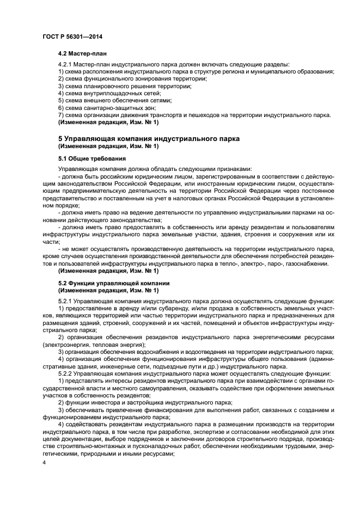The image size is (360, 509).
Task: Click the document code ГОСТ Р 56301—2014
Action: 72,36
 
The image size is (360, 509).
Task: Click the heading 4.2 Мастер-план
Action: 82,54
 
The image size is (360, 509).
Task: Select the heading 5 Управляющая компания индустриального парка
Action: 149,139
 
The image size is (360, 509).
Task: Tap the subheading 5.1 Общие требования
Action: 92,158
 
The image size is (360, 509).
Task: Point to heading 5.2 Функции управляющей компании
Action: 114,283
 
